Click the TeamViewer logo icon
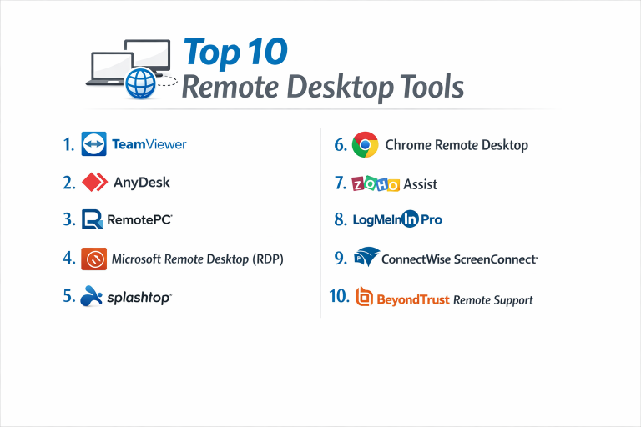tap(94, 143)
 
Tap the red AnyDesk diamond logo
tap(95, 183)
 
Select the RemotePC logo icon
tap(93, 219)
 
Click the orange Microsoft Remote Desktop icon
tap(94, 259)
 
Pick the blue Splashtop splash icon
tap(91, 296)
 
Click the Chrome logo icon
tap(365, 144)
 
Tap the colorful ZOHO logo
tap(376, 184)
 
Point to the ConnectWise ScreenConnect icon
tap(366, 257)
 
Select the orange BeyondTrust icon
tap(364, 296)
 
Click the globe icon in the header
tap(140, 83)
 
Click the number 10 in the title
tap(267, 52)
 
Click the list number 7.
tap(341, 183)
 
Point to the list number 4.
tap(69, 258)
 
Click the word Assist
tap(421, 184)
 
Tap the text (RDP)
tap(268, 259)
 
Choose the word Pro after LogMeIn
tap(432, 219)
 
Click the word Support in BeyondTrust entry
tap(513, 300)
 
